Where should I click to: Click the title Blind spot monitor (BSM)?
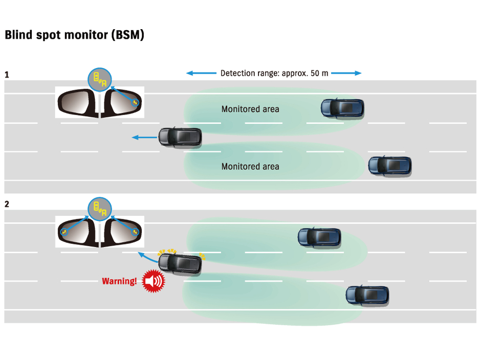coord(74,35)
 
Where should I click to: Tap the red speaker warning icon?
coord(153,281)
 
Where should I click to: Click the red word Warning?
coord(119,281)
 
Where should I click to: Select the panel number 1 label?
coord(7,75)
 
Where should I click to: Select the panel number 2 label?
coord(7,204)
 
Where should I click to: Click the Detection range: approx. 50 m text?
coord(274,73)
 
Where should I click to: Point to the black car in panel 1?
coord(180,137)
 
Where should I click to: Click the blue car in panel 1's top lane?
coord(342,107)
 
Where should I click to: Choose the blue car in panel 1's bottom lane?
coord(390,165)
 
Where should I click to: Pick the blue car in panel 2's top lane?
coord(319,236)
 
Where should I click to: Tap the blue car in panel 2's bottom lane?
coord(367,295)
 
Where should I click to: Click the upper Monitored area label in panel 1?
coord(250,109)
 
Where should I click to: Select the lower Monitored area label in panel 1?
coord(250,166)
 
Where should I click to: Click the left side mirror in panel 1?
coord(77,102)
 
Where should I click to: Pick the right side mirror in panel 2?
coord(122,232)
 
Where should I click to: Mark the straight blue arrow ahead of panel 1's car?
coord(144,137)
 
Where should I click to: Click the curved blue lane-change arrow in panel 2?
coord(147,255)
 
